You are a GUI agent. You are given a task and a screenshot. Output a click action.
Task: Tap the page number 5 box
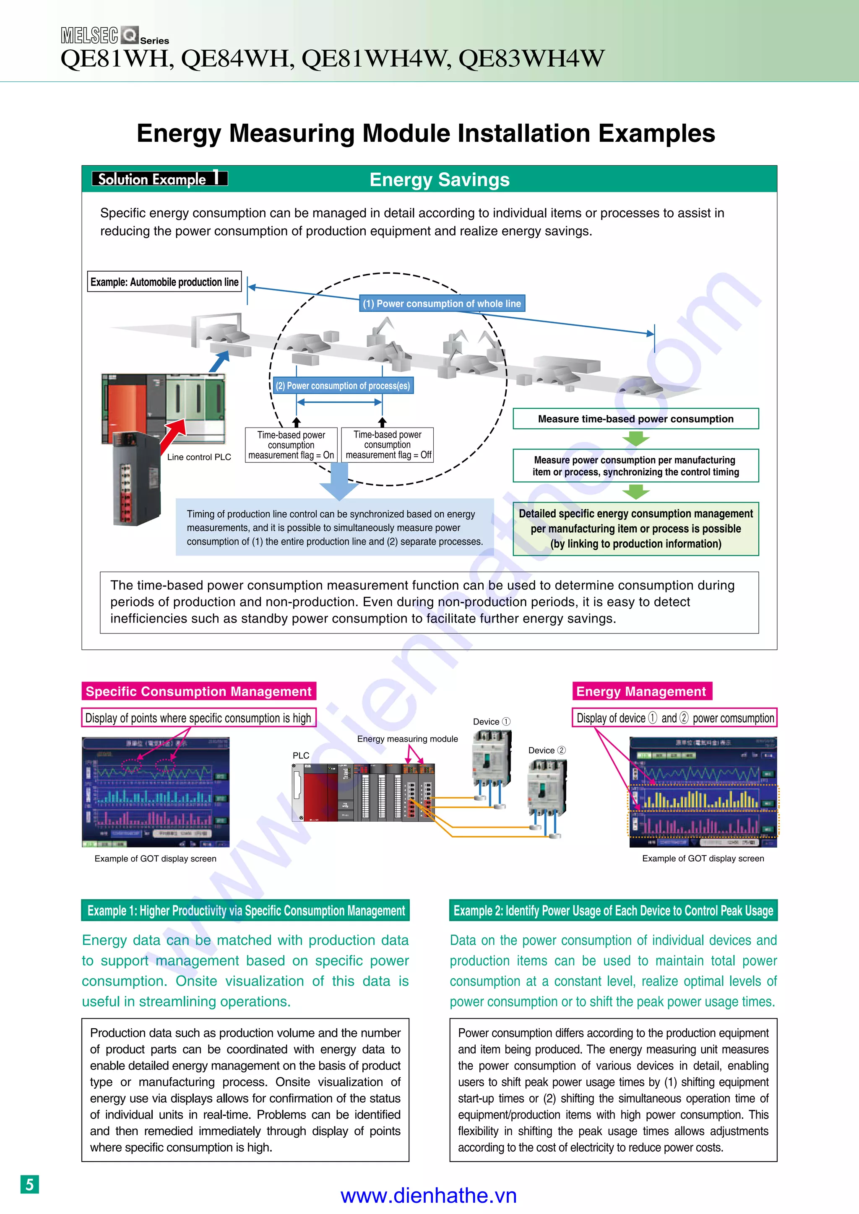(x=30, y=1184)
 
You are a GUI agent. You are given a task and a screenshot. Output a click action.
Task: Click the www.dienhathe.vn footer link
(x=428, y=1195)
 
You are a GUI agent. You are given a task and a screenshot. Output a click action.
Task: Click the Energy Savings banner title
(x=439, y=180)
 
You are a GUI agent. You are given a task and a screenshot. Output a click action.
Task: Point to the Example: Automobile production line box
(x=164, y=282)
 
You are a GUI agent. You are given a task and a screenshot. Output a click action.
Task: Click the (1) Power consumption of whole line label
(x=442, y=303)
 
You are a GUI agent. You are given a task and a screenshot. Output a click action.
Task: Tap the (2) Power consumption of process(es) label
(x=343, y=386)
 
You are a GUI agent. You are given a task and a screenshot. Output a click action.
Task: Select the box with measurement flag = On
(x=291, y=445)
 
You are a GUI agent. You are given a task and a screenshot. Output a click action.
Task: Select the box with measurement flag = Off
(x=388, y=445)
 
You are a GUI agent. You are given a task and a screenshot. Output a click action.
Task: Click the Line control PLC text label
(x=199, y=457)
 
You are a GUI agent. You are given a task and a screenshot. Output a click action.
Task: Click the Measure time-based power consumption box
(x=635, y=419)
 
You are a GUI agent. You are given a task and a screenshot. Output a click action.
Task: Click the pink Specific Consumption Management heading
(x=198, y=691)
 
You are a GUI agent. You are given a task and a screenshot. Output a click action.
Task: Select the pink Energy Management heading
(x=641, y=691)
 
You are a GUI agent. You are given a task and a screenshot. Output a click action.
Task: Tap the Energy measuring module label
(x=407, y=739)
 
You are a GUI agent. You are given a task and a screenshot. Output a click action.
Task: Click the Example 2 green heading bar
(x=613, y=910)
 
